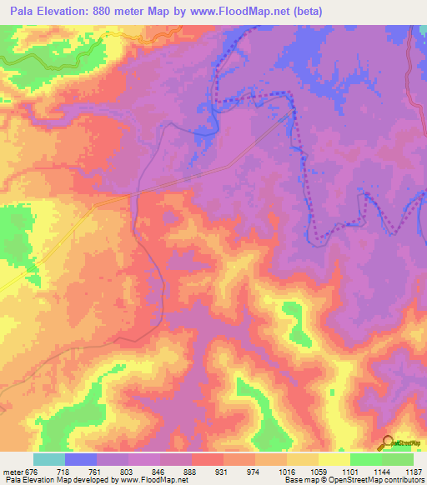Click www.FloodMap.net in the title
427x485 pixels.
click(233, 12)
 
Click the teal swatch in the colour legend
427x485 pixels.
click(49, 459)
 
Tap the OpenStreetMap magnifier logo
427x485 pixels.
click(388, 442)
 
